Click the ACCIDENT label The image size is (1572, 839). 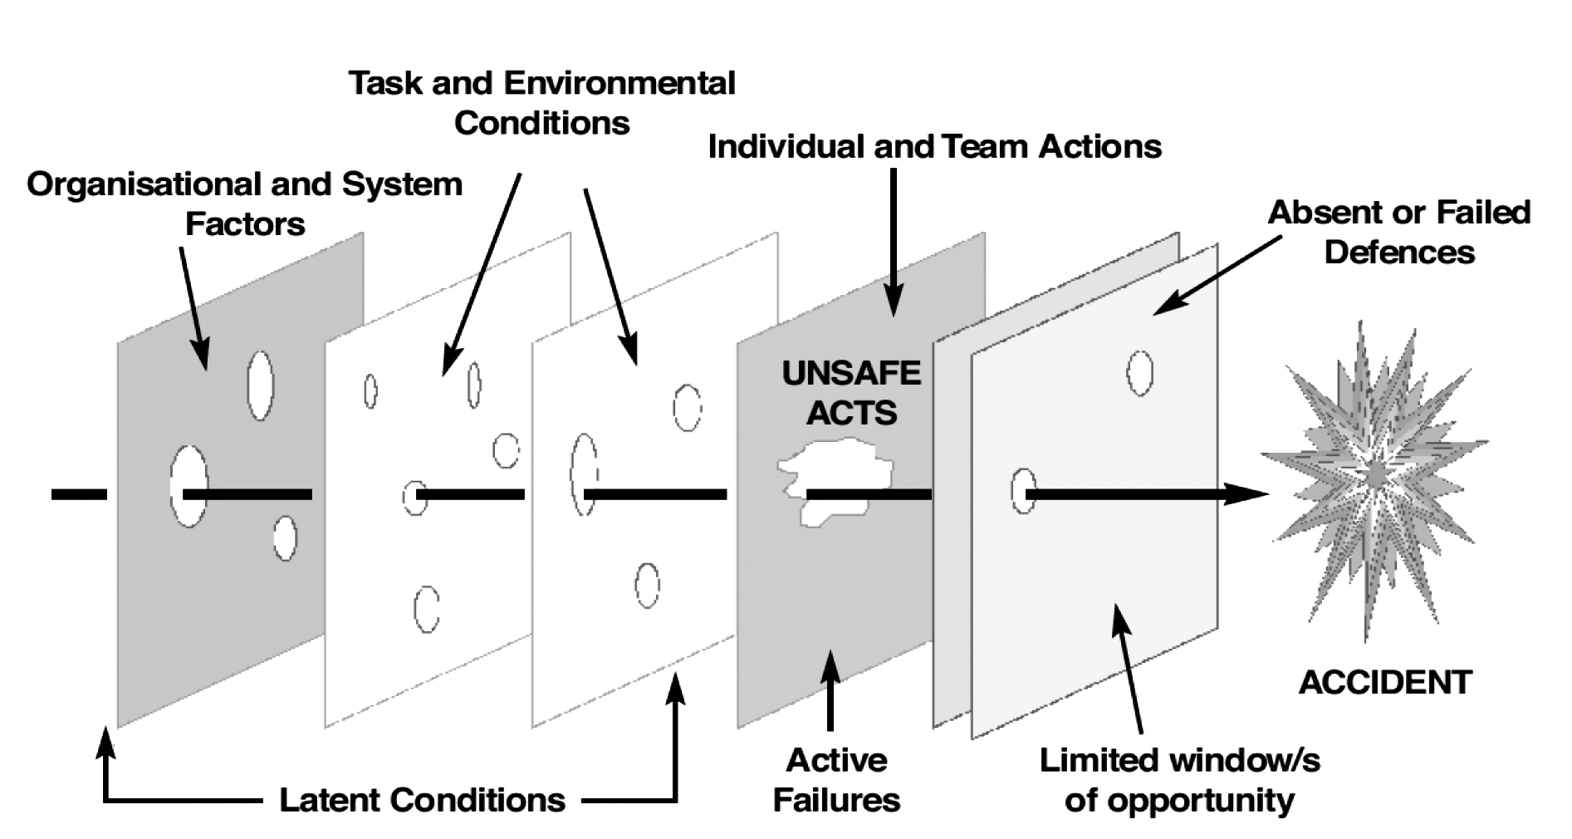click(1384, 683)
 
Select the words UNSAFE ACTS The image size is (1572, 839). click(851, 393)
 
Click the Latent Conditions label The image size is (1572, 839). click(422, 800)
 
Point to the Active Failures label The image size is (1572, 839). click(836, 780)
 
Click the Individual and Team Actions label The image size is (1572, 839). click(934, 147)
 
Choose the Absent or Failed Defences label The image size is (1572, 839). click(1399, 232)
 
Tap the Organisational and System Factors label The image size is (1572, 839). click(245, 204)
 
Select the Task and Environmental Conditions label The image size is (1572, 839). click(541, 103)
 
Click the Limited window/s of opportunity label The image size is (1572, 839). click(1179, 780)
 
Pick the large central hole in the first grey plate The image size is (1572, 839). click(189, 486)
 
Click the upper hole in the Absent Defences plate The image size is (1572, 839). click(1139, 372)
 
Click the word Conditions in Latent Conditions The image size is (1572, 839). click(477, 800)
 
